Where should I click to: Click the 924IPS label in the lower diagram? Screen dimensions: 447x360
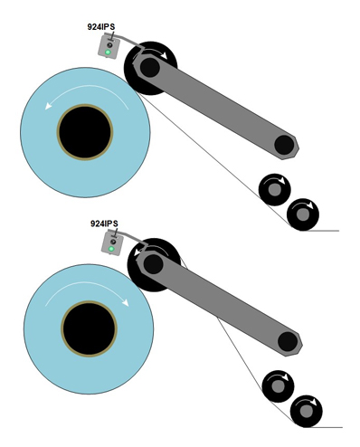[x=106, y=223]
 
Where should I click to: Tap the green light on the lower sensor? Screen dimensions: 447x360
[x=113, y=247]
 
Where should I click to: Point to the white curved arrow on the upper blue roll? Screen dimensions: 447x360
[x=90, y=91]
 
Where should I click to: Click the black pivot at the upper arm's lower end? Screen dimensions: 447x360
[x=284, y=145]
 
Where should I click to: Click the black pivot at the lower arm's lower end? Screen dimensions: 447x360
[x=287, y=341]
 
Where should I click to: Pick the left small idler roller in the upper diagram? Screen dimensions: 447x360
[x=274, y=189]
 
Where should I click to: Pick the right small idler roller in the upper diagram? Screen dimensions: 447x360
[x=303, y=214]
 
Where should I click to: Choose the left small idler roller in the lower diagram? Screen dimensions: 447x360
[x=278, y=386]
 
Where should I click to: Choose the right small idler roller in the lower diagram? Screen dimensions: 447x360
[x=306, y=412]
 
